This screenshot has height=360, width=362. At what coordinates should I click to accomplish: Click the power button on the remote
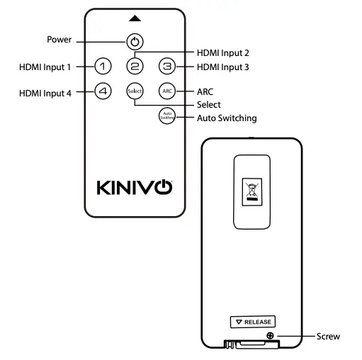tap(135, 41)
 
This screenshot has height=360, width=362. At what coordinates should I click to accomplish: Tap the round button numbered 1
tap(103, 67)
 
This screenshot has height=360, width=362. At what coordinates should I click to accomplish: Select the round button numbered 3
tap(166, 67)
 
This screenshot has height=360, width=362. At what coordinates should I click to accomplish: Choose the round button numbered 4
tap(103, 91)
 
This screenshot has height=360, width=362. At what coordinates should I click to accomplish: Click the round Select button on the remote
tap(135, 91)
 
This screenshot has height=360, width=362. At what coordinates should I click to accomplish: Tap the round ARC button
tap(166, 91)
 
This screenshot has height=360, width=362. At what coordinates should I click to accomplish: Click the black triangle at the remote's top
tap(135, 18)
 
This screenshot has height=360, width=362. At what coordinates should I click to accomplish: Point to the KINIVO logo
tap(134, 188)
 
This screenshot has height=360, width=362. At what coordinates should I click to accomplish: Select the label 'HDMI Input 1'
tap(45, 67)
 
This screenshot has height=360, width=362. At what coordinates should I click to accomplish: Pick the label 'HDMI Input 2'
tap(222, 52)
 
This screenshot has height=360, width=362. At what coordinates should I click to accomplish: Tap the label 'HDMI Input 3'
tap(222, 67)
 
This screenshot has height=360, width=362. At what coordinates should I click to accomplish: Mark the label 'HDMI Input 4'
tap(45, 92)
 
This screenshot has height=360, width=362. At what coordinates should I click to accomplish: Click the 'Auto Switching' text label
tap(226, 118)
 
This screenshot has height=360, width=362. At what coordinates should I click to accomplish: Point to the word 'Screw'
tap(328, 336)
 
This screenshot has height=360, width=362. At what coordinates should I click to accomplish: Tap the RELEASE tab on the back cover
tap(253, 322)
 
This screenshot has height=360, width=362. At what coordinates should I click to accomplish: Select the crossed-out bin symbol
tap(252, 190)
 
